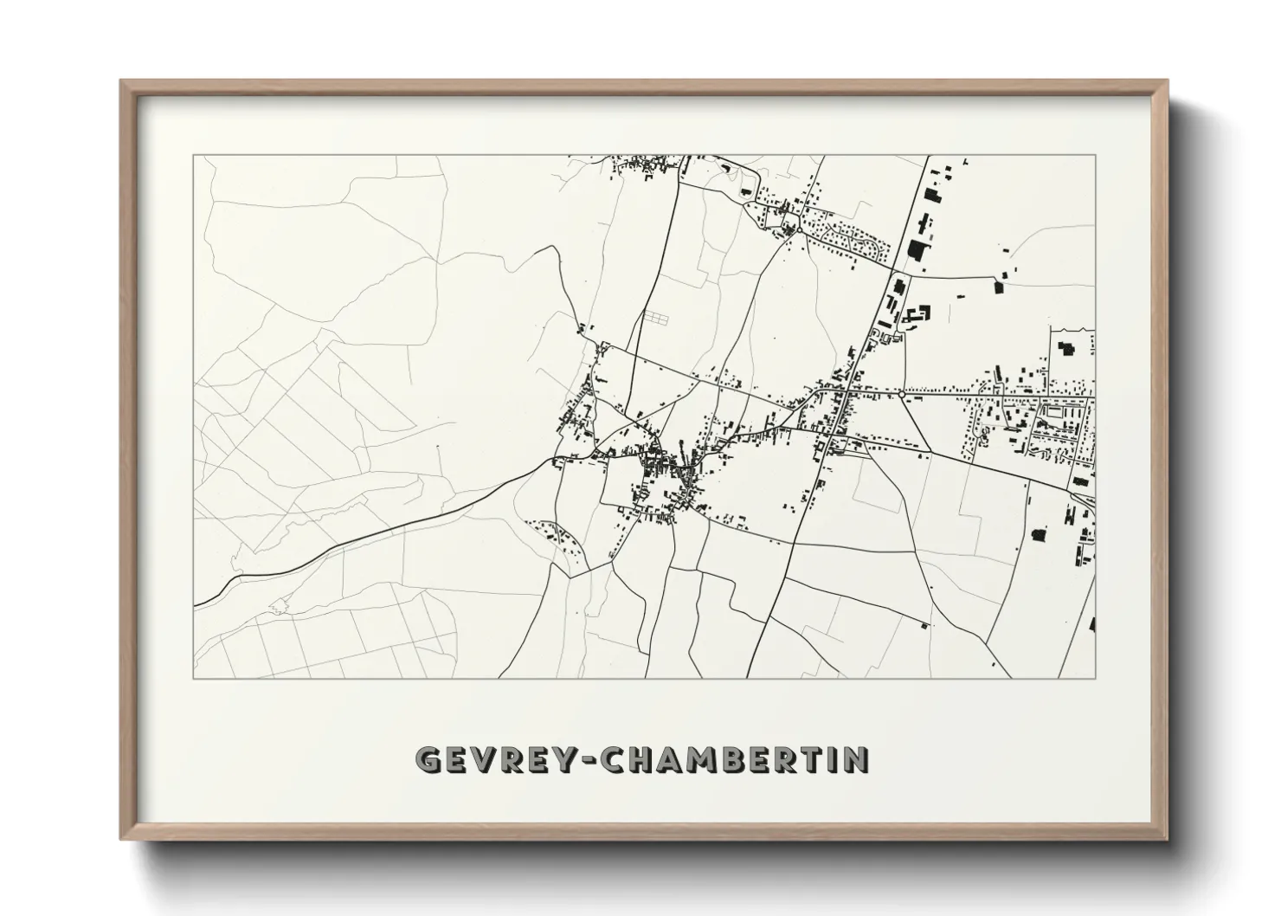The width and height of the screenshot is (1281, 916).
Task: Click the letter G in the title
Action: click(429, 759)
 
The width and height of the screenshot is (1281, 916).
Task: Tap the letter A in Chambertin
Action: click(691, 759)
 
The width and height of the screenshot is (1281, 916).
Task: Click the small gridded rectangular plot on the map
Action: click(655, 318)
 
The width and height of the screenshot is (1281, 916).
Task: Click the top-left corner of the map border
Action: click(194, 156)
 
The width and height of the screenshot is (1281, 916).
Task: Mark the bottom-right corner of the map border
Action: click(1095, 678)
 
